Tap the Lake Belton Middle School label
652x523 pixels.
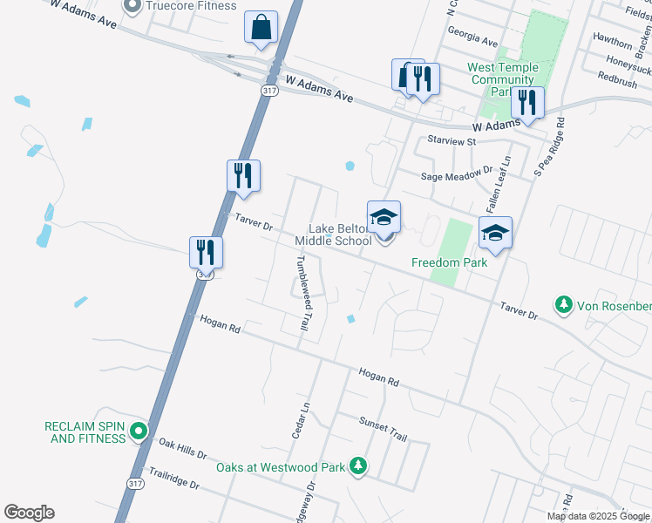click(333, 234)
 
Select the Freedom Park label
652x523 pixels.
click(449, 261)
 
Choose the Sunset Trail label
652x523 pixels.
click(384, 427)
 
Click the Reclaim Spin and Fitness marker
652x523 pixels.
click(138, 431)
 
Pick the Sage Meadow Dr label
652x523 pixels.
click(457, 175)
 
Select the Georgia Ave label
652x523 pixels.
click(472, 42)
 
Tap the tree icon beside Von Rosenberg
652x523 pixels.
click(564, 305)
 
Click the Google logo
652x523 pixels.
click(30, 513)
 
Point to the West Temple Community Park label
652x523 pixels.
click(502, 79)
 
